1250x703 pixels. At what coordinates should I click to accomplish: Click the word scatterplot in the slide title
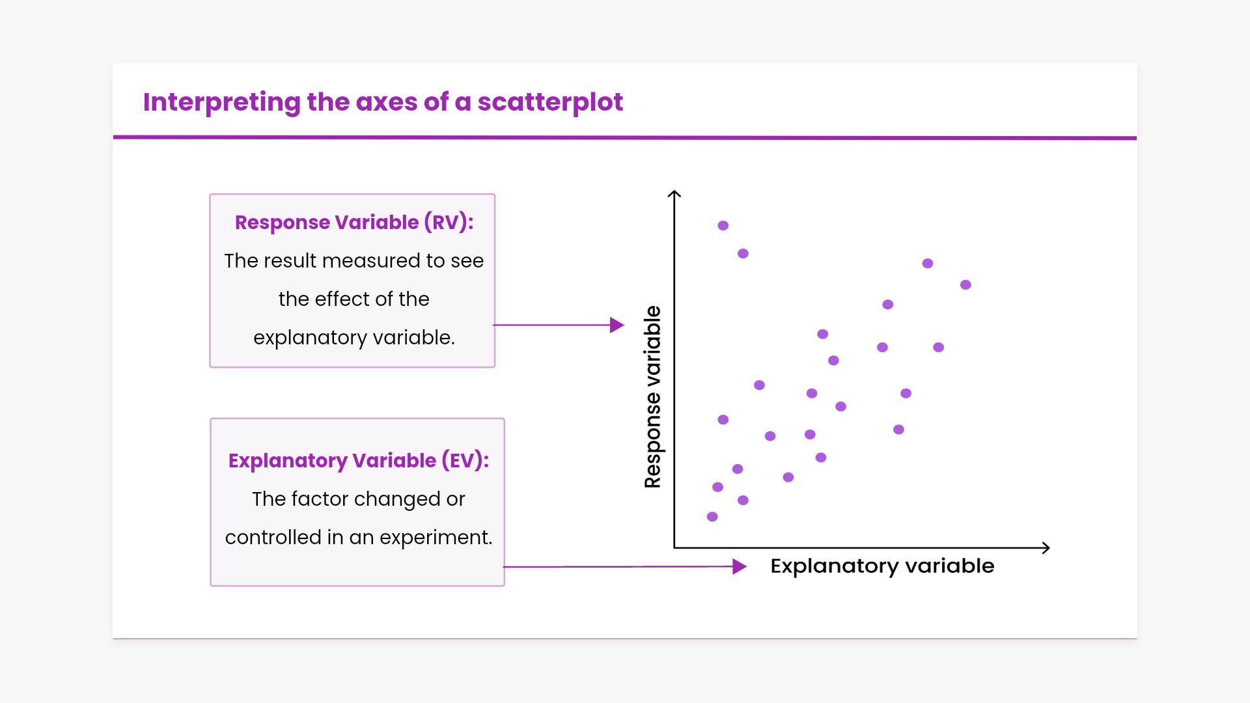(x=550, y=102)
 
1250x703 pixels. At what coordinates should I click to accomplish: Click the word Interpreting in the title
(x=221, y=102)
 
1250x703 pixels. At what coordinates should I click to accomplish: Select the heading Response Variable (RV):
(x=354, y=222)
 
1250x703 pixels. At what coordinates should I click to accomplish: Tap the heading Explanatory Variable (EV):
(x=358, y=460)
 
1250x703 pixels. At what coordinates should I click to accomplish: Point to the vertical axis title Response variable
(x=652, y=396)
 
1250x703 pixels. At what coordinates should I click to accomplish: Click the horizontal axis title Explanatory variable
(x=882, y=566)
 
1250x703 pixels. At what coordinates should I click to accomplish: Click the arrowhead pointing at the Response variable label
(x=617, y=325)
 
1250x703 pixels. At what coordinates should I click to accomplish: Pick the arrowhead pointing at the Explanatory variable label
(x=739, y=566)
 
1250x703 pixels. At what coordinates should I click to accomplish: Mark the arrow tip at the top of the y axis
(x=674, y=193)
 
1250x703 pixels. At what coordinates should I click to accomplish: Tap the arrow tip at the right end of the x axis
(x=1047, y=548)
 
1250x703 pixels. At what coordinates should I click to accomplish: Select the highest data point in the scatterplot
(x=723, y=225)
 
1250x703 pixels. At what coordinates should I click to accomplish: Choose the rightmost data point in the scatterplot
(x=965, y=284)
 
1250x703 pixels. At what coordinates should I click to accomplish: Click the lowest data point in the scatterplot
(x=712, y=517)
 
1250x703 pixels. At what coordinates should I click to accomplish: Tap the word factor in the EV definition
(x=320, y=499)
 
